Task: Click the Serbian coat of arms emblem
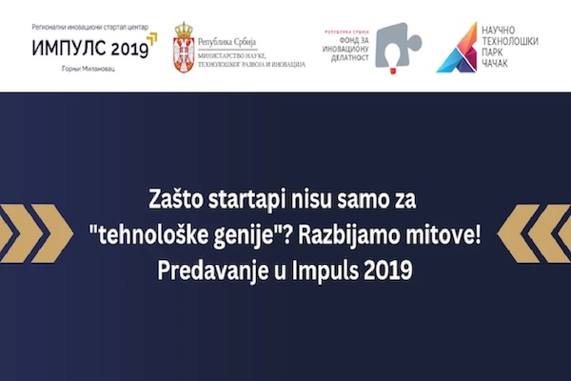pos(185,46)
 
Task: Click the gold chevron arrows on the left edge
pos(38,235)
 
